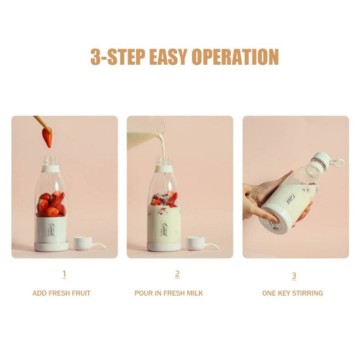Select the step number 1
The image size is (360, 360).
(64, 274)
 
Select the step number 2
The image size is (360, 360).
(177, 274)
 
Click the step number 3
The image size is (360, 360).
(294, 276)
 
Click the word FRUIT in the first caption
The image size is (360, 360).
(81, 293)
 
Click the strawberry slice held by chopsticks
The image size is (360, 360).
(48, 137)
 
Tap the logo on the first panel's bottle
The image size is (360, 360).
(52, 228)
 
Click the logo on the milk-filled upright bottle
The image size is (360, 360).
(165, 228)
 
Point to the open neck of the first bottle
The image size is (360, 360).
(51, 161)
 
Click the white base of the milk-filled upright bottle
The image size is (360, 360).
(164, 247)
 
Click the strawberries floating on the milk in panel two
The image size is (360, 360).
(164, 198)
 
